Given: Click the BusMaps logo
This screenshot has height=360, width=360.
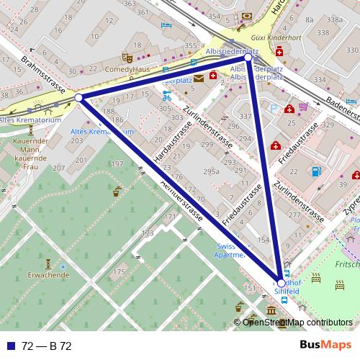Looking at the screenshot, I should [325, 345].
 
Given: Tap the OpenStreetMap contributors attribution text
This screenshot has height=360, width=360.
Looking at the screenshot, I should [297, 323].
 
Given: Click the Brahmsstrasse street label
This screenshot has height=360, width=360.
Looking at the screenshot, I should [44, 75].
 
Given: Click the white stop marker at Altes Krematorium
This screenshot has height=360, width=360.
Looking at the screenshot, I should [78, 97].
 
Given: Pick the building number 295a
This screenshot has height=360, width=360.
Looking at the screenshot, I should [211, 171].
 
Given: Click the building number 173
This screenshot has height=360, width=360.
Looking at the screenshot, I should [148, 233].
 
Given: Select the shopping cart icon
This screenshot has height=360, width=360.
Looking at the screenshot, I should [303, 107].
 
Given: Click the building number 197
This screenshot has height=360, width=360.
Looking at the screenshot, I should [117, 165].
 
